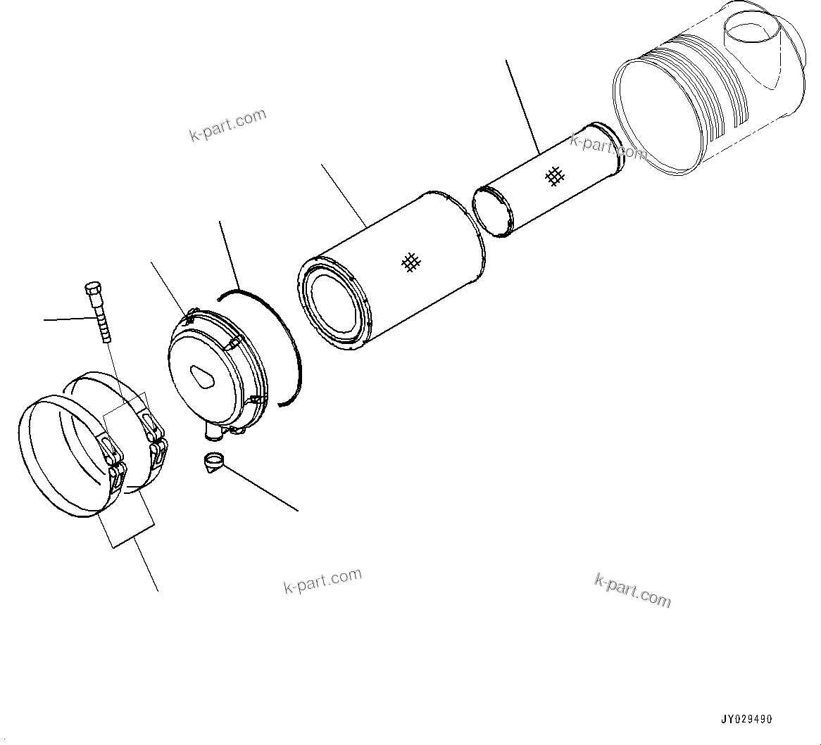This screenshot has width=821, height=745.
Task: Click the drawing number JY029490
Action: point(746,719)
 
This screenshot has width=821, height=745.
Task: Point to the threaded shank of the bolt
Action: point(102,321)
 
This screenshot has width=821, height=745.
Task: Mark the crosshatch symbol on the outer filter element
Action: point(411,262)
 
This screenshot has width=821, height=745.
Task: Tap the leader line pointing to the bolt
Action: point(67,319)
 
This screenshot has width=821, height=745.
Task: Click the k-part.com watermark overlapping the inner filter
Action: point(606,146)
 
